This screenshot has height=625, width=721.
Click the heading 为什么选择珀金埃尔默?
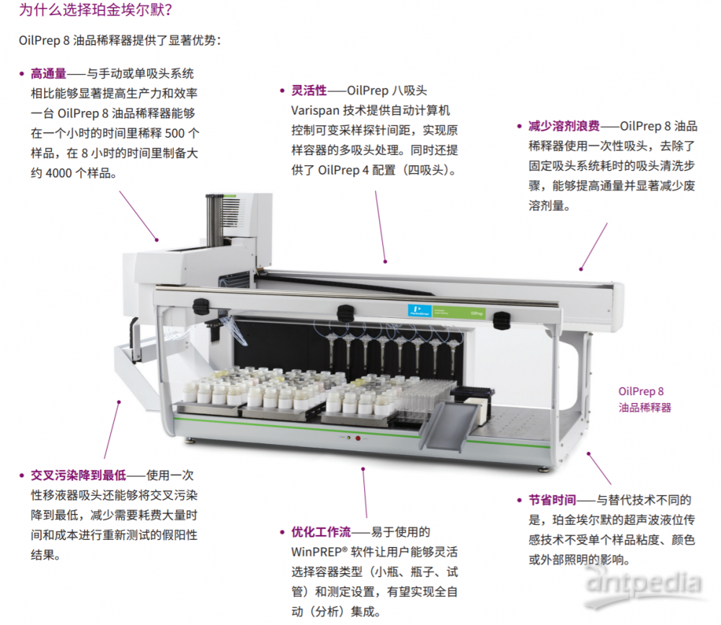coord(96,9)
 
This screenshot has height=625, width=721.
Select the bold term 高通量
coord(48,74)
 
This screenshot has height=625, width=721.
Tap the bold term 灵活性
coord(309,91)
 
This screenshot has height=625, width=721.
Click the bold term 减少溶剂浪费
coord(564,126)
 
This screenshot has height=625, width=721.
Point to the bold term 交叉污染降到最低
coord(78,475)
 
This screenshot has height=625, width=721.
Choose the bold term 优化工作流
coord(321,532)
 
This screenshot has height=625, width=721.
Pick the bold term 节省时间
coord(552,500)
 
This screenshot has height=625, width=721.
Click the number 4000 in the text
coord(58,174)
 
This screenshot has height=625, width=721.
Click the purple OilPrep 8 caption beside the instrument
coord(644,399)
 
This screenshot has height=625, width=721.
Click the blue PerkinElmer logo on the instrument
coord(420,311)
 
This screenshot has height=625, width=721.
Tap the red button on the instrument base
coord(358,438)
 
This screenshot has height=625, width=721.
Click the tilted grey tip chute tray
coord(449,426)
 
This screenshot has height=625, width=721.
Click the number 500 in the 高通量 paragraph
coord(174,134)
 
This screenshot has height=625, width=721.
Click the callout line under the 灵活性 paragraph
coord(380,227)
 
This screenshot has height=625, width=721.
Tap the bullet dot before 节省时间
coord(519,500)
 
